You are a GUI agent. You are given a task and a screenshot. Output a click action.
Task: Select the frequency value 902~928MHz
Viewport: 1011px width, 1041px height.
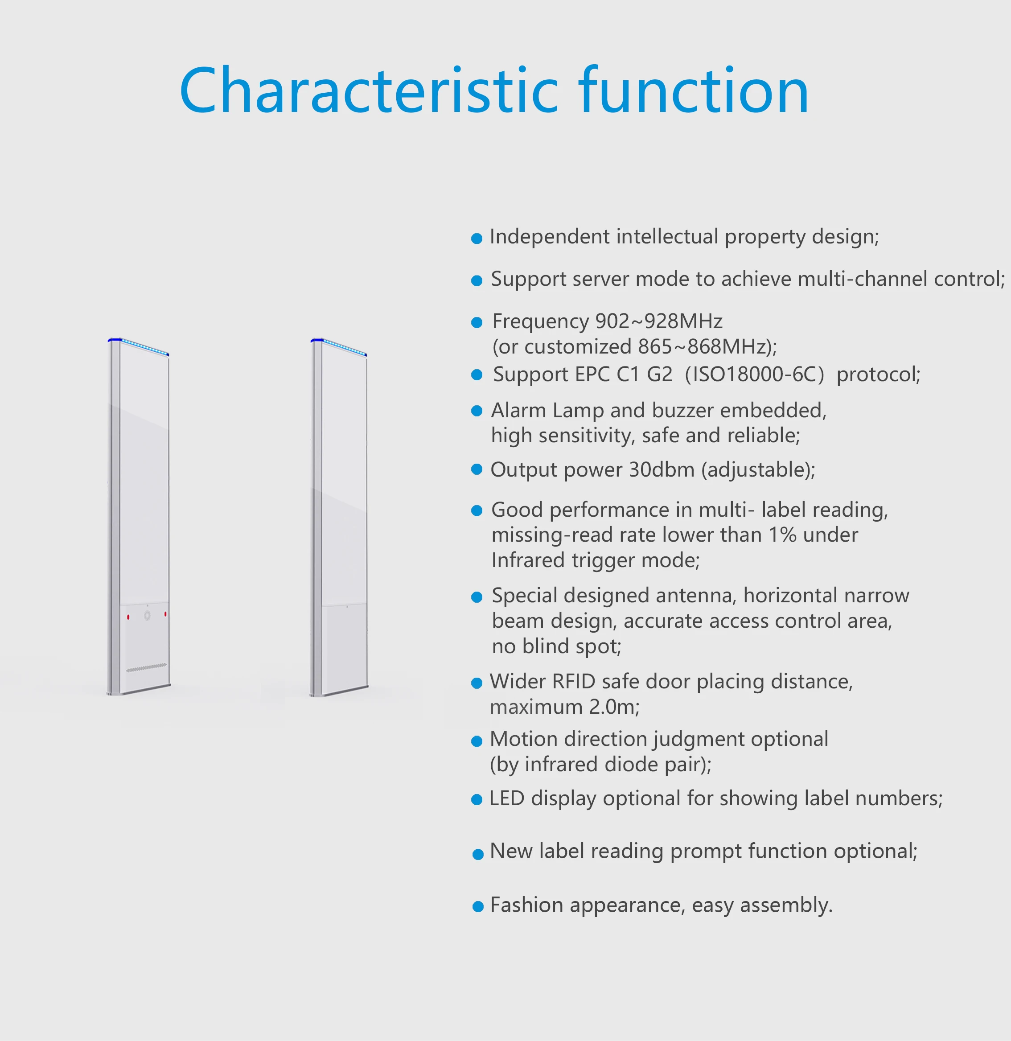[x=658, y=321]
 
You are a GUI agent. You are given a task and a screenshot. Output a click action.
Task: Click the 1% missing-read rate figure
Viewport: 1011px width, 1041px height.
[x=783, y=535]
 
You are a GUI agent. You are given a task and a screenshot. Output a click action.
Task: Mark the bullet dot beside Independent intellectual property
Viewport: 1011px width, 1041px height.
[x=477, y=239]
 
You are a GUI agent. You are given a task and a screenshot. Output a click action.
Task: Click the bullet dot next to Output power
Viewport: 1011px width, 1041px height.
[x=477, y=469]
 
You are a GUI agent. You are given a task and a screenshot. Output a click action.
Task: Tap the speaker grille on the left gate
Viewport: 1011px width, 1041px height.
[x=146, y=667]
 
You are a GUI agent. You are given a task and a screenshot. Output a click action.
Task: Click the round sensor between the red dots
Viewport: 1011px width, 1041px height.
[x=147, y=615]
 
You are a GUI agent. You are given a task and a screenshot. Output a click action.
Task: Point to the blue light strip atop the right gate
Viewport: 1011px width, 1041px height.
[x=339, y=346]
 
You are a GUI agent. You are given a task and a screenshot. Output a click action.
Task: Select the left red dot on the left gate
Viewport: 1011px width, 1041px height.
[x=128, y=617]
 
